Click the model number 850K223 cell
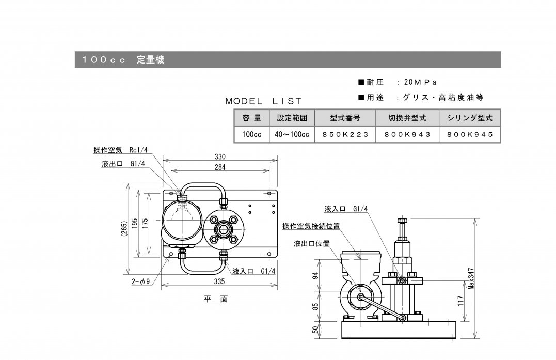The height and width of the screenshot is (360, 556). pyautogui.click(x=345, y=134)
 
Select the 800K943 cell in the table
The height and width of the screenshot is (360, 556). pyautogui.click(x=407, y=134)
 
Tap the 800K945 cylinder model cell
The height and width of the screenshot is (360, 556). pyautogui.click(x=470, y=134)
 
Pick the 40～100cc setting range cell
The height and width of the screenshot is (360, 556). pyautogui.click(x=292, y=134)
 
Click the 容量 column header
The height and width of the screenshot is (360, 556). pyautogui.click(x=251, y=118)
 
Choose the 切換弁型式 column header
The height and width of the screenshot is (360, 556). pyautogui.click(x=407, y=118)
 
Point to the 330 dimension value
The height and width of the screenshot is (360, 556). pyautogui.click(x=220, y=156)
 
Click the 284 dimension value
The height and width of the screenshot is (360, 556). pyautogui.click(x=220, y=167)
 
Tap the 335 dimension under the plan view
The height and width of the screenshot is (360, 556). pyautogui.click(x=220, y=282)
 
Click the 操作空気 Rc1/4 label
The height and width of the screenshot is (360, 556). pyautogui.click(x=120, y=150)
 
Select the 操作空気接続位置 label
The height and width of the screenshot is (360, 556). pyautogui.click(x=311, y=226)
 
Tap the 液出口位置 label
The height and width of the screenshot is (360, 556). pyautogui.click(x=311, y=243)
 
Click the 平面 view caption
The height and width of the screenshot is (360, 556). pyautogui.click(x=215, y=299)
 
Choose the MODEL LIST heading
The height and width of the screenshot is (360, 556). pyautogui.click(x=263, y=101)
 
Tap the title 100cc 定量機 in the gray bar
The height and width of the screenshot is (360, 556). pyautogui.click(x=123, y=60)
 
